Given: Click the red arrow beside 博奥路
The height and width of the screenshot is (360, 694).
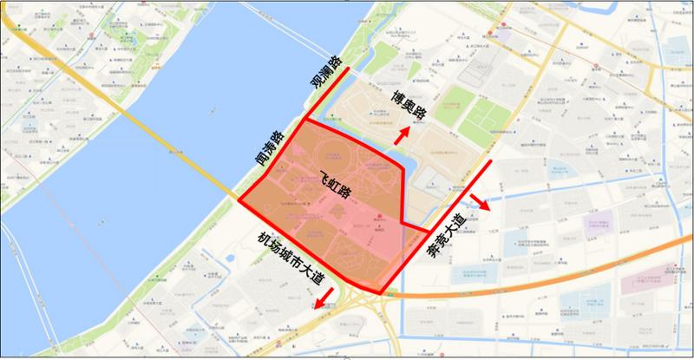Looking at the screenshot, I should [x=401, y=135].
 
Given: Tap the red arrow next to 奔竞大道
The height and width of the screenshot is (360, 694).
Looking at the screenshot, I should [x=479, y=206].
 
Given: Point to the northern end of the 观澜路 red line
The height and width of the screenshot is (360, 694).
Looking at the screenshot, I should [x=349, y=69].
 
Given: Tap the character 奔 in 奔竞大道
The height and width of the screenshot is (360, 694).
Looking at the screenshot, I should [x=434, y=249].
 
